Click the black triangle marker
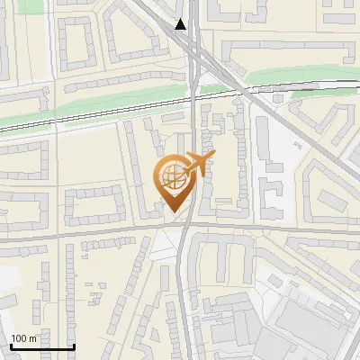[x=182, y=24]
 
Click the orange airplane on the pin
[x=200, y=163]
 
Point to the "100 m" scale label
[x=24, y=338]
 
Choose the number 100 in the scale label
[x=19, y=338]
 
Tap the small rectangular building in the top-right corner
[x=338, y=18]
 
